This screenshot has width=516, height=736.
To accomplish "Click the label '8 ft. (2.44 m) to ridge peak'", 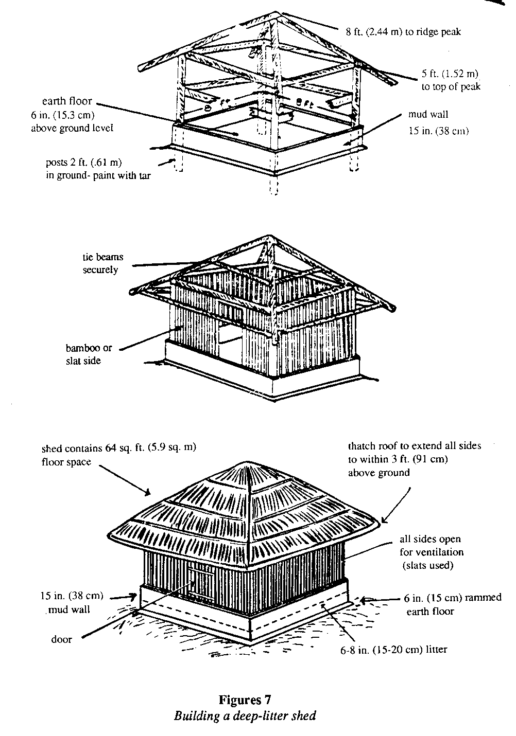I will point(403,32).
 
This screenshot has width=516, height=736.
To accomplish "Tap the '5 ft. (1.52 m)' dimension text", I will point(451,74).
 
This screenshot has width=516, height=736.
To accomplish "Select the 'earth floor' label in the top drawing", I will point(67,101).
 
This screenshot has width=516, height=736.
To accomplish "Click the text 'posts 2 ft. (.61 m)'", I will point(83,163).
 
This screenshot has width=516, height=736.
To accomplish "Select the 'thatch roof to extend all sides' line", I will point(415,446).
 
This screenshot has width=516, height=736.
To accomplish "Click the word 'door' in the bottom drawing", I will point(61,639).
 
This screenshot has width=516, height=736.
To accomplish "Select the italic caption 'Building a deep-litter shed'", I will point(245,715).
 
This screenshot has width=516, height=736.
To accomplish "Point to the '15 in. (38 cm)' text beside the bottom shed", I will point(71,597).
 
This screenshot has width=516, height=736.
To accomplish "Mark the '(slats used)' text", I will point(427,566).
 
